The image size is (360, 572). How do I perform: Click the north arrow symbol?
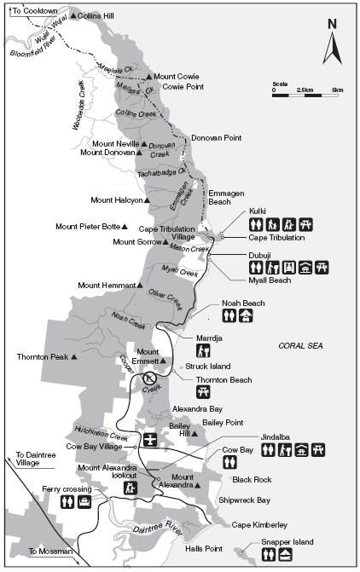tap(332, 43)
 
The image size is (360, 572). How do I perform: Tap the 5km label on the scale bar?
tap(337, 90)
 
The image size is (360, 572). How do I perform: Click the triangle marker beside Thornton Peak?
tap(75, 356)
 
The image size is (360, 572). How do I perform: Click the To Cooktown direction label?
tap(33, 9)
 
